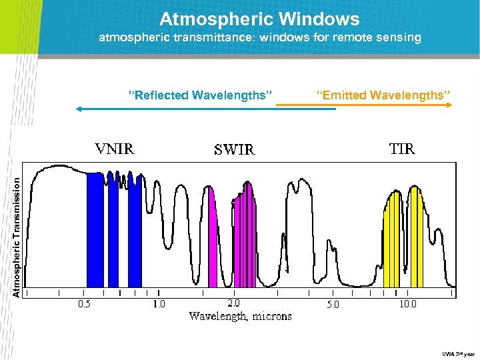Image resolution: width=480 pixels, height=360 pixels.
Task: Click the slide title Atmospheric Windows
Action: click(259, 19)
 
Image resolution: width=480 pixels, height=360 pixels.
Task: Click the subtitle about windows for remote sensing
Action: click(260, 38)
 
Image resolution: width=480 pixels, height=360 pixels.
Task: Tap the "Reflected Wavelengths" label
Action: click(201, 95)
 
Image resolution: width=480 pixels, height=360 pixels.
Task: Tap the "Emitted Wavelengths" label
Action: click(383, 95)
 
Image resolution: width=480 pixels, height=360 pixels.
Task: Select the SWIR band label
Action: click(234, 150)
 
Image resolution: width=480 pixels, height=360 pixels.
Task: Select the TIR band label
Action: click(402, 149)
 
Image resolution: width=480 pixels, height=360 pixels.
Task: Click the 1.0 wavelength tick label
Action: click(159, 304)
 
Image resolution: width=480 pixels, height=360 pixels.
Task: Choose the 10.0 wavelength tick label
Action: click(426, 304)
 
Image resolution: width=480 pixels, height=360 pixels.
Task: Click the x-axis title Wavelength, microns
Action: click(240, 316)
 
